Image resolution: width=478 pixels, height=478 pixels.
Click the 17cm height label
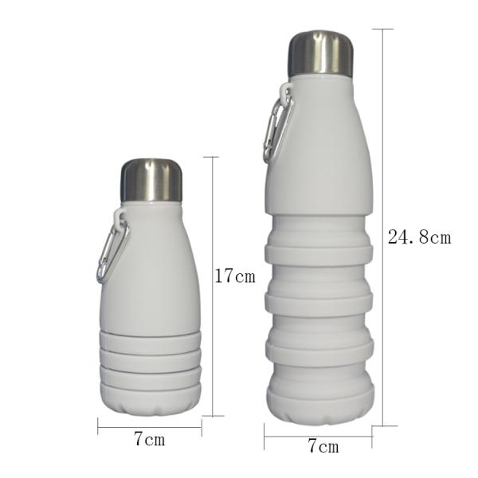click(x=235, y=276)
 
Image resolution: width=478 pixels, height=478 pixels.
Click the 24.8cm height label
click(x=419, y=237)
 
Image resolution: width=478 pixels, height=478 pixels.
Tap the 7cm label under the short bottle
click(x=149, y=440)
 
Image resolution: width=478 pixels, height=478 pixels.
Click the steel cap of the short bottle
click(x=151, y=180)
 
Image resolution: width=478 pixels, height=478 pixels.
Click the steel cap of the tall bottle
click(x=319, y=54)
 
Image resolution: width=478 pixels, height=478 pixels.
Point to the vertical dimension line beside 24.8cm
click(x=383, y=335)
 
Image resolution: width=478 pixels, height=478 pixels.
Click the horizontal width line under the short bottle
click(x=149, y=427)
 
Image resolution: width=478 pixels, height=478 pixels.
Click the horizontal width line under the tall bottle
click(x=319, y=436)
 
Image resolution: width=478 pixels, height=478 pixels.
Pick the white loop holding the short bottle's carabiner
click(x=119, y=215)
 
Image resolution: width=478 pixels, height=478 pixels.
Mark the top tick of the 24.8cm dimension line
click(x=383, y=29)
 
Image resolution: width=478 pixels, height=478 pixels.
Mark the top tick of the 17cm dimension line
click(x=211, y=157)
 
